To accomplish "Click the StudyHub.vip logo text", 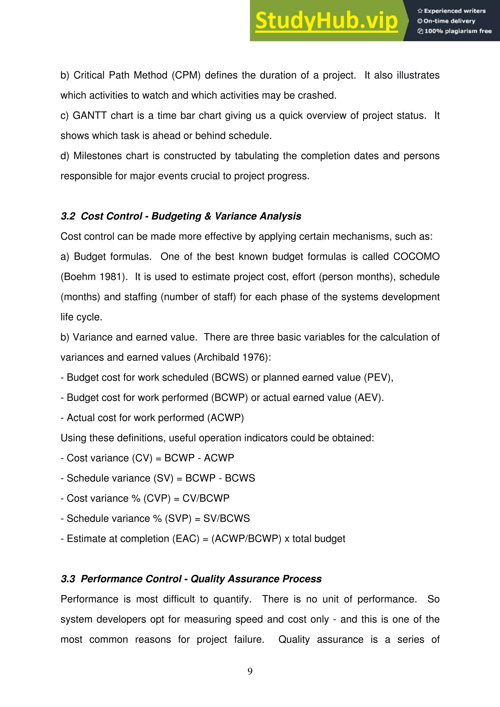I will tap(326, 21).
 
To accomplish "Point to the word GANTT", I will tap(90, 115).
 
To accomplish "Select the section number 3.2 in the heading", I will tap(68, 216).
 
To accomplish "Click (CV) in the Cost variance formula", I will tap(142, 458).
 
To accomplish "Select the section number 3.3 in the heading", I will tap(68, 579).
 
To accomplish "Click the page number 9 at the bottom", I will tap(250, 671).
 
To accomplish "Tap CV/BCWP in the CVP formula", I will tap(206, 498).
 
